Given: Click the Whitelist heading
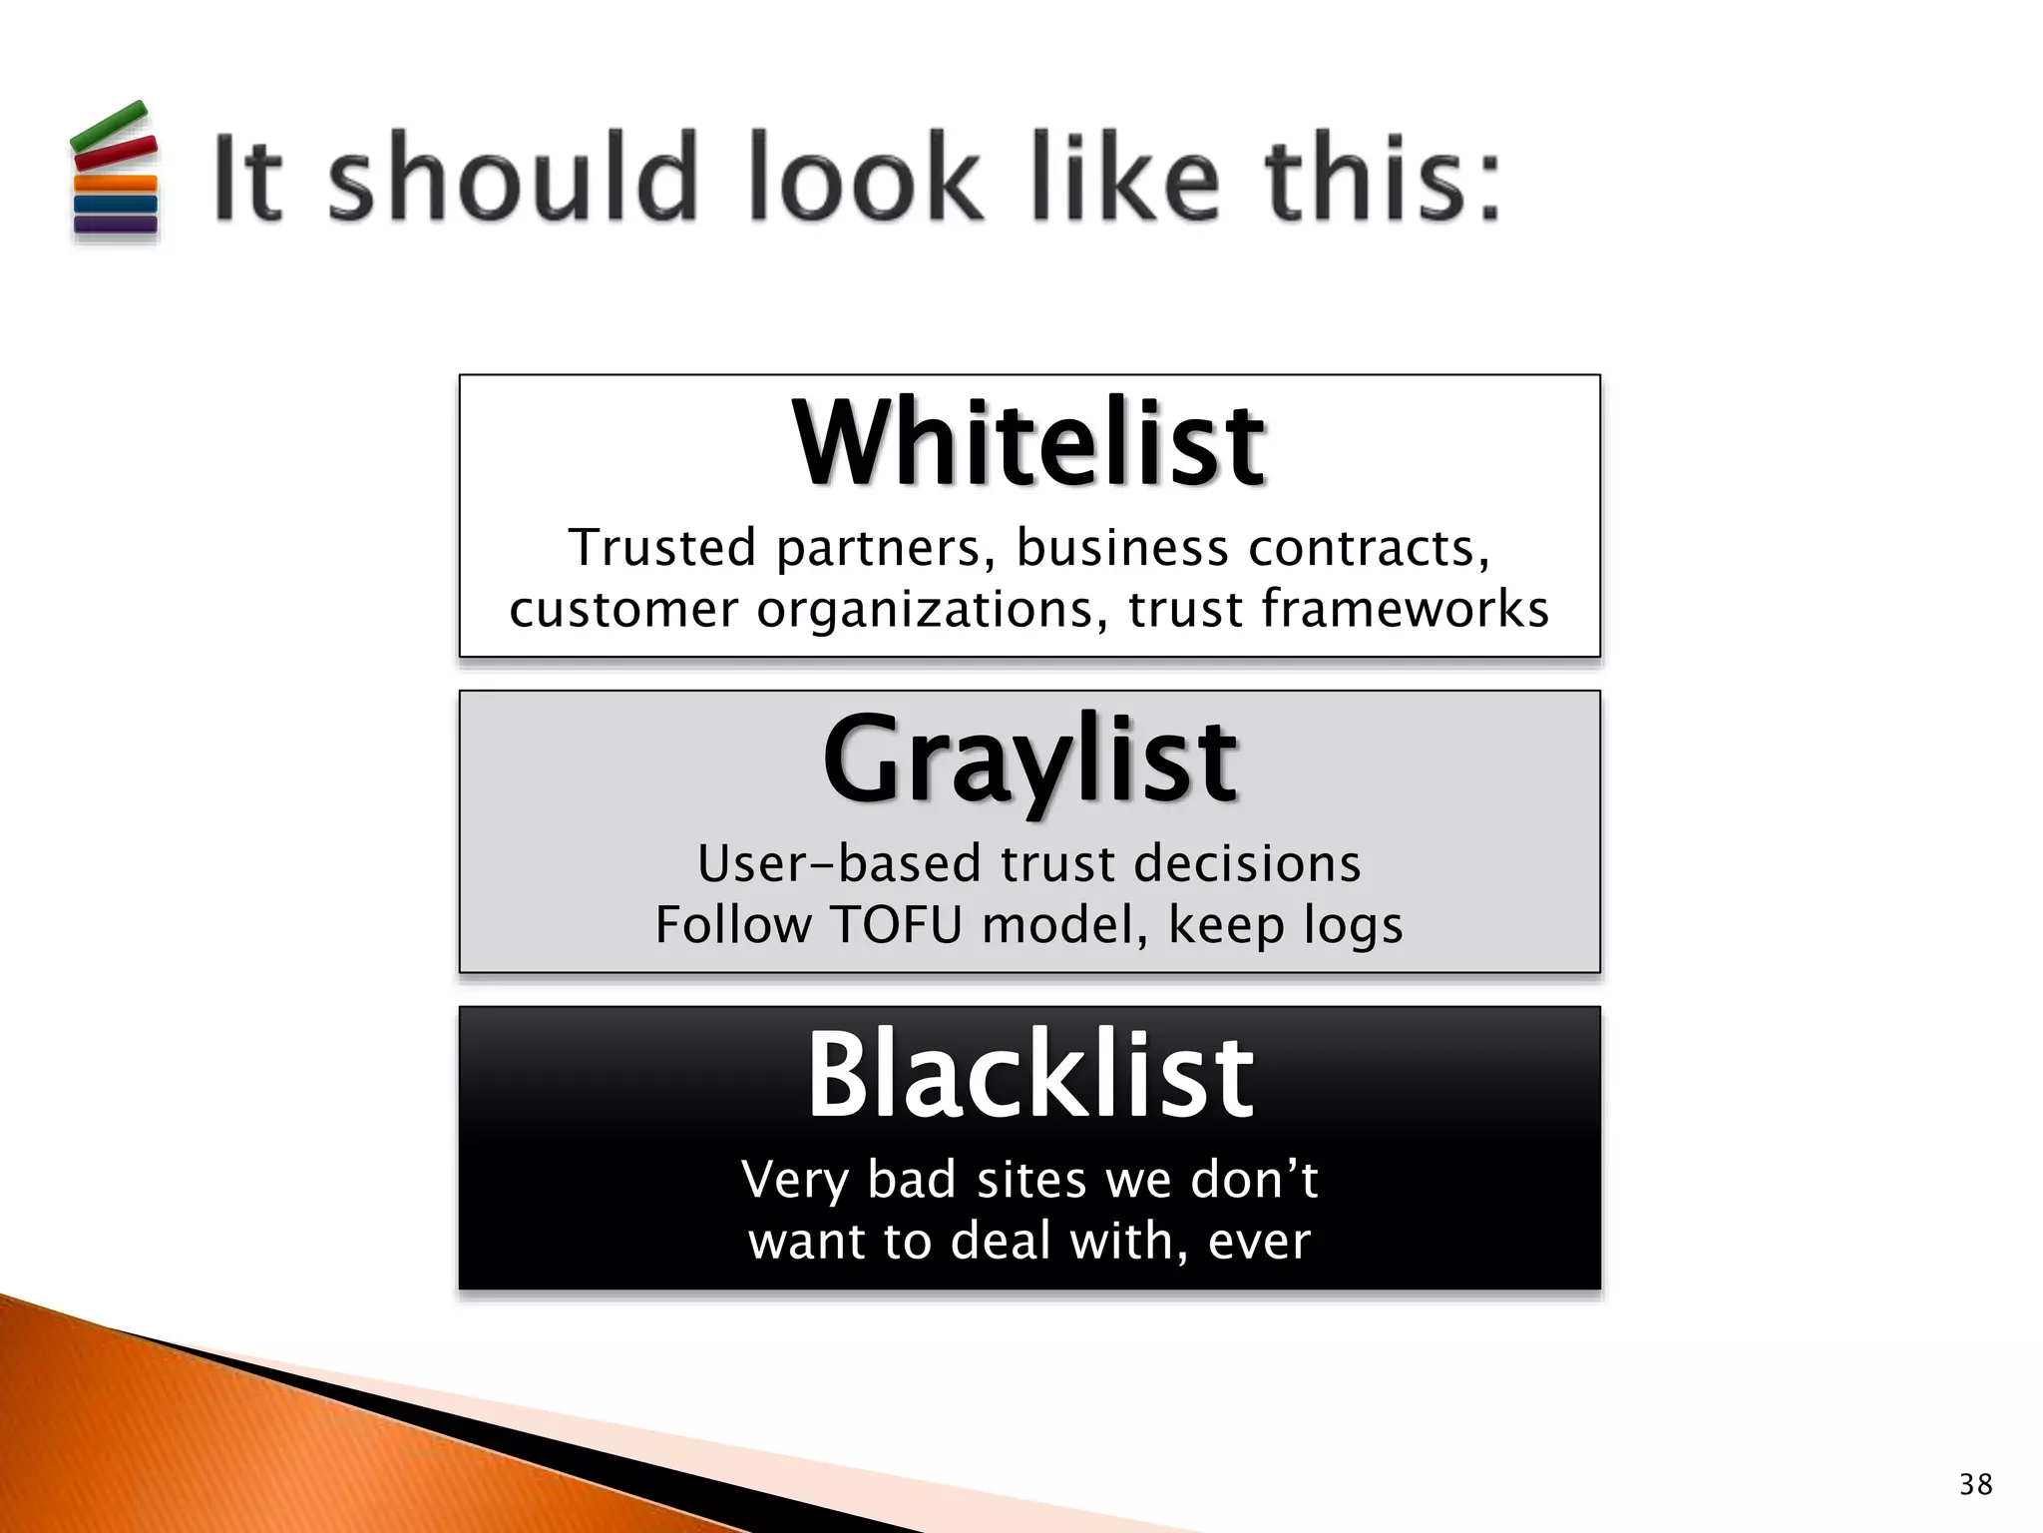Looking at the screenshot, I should [1028, 443].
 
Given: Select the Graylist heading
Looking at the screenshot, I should [1028, 761].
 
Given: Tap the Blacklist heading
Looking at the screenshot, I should [1029, 1076].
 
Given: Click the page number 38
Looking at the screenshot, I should [1975, 1484].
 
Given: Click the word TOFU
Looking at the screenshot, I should [896, 924].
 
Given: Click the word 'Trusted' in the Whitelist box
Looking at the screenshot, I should [662, 548].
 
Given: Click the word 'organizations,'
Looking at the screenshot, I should [932, 610].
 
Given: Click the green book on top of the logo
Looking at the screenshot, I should [110, 126].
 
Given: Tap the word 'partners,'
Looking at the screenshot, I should [885, 549].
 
